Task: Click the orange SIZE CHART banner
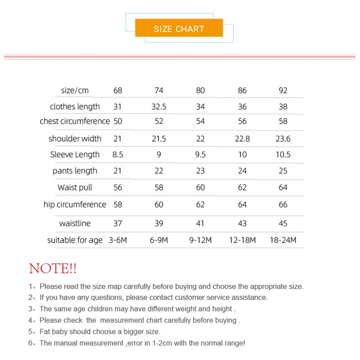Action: (x=179, y=28)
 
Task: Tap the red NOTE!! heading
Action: (x=53, y=269)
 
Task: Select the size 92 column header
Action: (x=283, y=90)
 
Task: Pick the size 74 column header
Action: (x=159, y=90)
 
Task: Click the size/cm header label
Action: (x=75, y=90)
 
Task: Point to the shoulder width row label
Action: (x=75, y=138)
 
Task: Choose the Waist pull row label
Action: (x=75, y=187)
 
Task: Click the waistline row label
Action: (x=75, y=223)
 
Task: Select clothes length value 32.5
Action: (x=159, y=107)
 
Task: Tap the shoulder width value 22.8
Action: (x=242, y=139)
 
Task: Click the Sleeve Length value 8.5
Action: (x=118, y=155)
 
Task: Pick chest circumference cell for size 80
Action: (x=200, y=121)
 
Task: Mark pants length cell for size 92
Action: (x=283, y=171)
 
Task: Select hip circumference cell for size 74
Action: (x=159, y=205)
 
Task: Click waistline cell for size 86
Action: (x=242, y=223)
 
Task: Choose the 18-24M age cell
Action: (x=283, y=240)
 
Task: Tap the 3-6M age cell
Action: (x=118, y=240)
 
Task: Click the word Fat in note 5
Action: (x=45, y=332)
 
